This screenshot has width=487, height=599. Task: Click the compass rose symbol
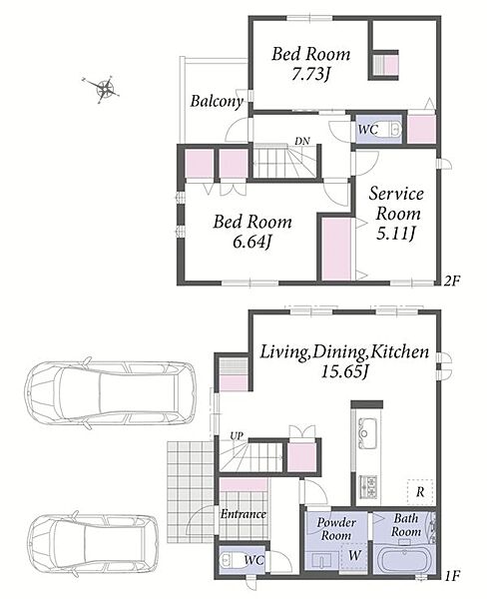click(105, 88)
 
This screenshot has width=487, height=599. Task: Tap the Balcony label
click(217, 101)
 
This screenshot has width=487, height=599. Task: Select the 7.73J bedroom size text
click(310, 74)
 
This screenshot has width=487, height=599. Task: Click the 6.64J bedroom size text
click(252, 242)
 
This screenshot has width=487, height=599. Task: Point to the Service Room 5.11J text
click(396, 214)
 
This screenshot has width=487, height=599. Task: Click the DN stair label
click(302, 141)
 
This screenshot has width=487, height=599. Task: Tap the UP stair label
click(237, 436)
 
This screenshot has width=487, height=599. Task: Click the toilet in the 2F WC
click(394, 130)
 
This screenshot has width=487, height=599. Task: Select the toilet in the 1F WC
click(228, 560)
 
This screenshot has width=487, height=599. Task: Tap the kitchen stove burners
click(368, 487)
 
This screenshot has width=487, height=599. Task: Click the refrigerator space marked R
click(420, 492)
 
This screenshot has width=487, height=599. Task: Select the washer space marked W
click(353, 556)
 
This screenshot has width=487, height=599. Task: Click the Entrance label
click(243, 514)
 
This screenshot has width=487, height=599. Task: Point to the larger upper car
click(110, 394)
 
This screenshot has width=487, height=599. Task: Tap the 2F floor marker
click(451, 282)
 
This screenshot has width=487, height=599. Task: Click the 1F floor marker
click(451, 575)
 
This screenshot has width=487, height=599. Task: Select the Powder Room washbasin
click(322, 561)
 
